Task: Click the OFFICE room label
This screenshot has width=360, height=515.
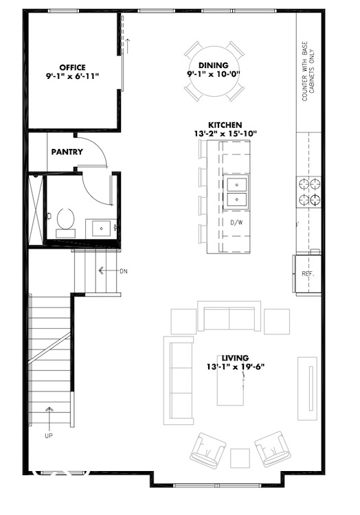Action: click(72, 67)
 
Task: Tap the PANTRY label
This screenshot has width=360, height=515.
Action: click(67, 152)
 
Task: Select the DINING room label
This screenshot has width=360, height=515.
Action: click(214, 65)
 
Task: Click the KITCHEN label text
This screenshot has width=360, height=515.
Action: click(225, 125)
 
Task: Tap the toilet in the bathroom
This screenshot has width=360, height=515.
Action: click(66, 221)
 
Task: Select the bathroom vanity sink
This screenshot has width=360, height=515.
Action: click(101, 227)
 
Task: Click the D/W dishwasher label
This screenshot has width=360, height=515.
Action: click(236, 222)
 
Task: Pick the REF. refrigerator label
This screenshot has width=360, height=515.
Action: click(308, 273)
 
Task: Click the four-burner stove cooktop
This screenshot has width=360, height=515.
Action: click(308, 191)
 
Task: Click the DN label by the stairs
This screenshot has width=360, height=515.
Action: click(124, 271)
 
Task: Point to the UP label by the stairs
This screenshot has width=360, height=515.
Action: click(49, 435)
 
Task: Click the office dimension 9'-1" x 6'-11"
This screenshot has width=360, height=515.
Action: click(72, 76)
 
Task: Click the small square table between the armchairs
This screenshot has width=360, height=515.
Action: click(240, 457)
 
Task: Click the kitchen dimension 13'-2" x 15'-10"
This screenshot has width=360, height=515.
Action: click(225, 133)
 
